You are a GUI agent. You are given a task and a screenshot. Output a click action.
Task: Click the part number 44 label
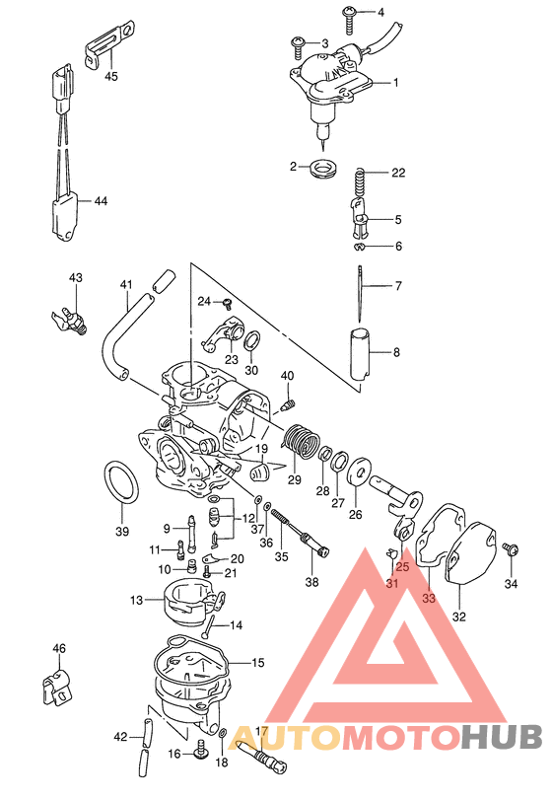pyautogui.click(x=100, y=201)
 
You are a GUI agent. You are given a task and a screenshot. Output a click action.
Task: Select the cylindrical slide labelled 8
pyautogui.click(x=361, y=353)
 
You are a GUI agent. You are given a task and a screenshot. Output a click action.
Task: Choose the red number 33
pyautogui.click(x=429, y=597)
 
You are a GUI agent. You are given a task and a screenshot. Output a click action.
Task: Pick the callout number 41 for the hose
pyautogui.click(x=126, y=286)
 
